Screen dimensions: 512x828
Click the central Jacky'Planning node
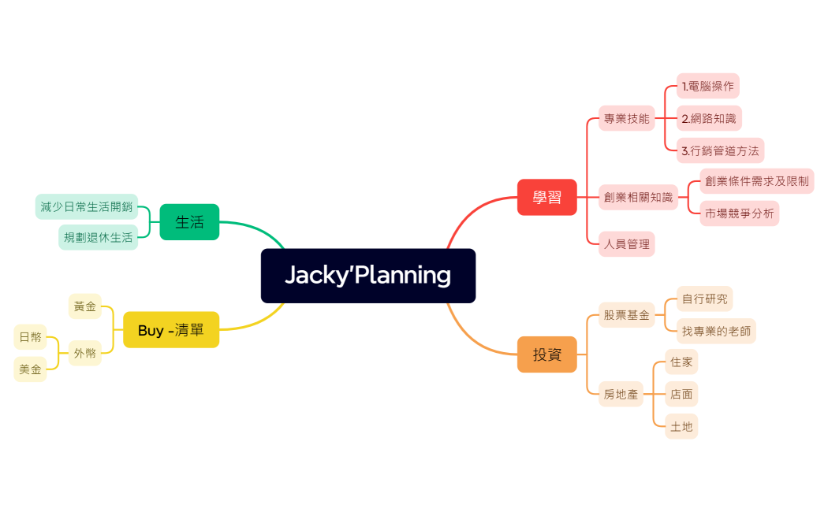tap(367, 276)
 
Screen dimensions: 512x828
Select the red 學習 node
tap(546, 197)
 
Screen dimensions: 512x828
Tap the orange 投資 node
tap(546, 354)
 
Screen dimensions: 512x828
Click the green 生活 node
tap(189, 222)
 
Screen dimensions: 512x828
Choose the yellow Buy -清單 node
tap(171, 330)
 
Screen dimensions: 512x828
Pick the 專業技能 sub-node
tap(627, 119)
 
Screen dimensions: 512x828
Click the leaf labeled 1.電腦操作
tap(707, 86)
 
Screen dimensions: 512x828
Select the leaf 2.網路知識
tap(708, 119)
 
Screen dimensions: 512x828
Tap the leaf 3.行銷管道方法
tap(720, 150)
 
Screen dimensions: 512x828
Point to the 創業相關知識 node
tap(639, 197)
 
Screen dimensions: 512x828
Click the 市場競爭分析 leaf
tap(739, 213)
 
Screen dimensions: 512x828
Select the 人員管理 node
tap(627, 244)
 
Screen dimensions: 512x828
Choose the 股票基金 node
tap(627, 315)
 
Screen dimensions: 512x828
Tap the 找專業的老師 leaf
tap(717, 332)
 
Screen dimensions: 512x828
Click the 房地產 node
tap(621, 394)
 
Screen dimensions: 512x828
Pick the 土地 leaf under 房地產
tap(681, 426)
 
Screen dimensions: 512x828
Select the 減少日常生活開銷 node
tap(87, 206)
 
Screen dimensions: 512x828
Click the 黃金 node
tap(85, 306)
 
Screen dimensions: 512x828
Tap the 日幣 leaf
tap(31, 337)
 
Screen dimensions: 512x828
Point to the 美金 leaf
tap(31, 369)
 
